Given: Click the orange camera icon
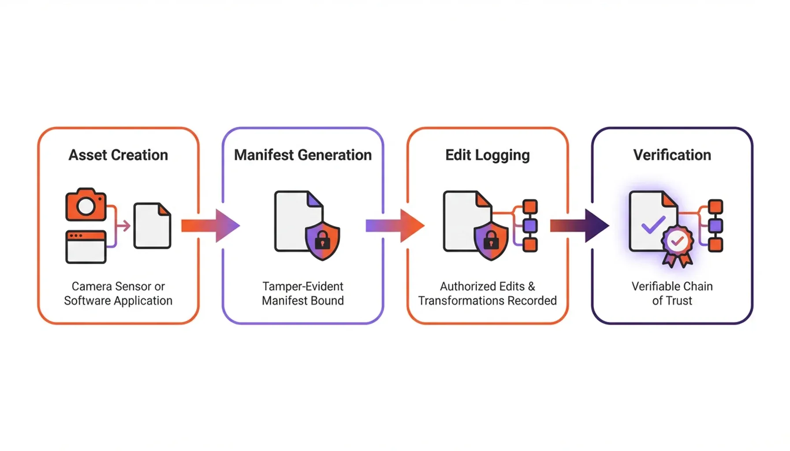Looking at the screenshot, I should pyautogui.click(x=86, y=205).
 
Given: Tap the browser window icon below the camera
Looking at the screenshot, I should pyautogui.click(x=86, y=247).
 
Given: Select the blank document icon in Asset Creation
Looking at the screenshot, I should pyautogui.click(x=152, y=225).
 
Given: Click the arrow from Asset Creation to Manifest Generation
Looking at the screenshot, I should pyautogui.click(x=210, y=225).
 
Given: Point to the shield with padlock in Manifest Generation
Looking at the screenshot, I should pyautogui.click(x=322, y=240).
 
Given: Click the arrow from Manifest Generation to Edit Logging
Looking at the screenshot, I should pyautogui.click(x=395, y=225).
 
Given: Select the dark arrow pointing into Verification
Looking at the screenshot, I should pyautogui.click(x=579, y=225).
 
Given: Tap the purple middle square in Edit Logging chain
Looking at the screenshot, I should pyautogui.click(x=530, y=225).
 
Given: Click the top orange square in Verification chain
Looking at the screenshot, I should pyautogui.click(x=715, y=207).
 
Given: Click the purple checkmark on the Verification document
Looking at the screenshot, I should pyautogui.click(x=653, y=224).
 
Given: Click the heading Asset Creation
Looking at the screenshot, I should pyautogui.click(x=118, y=155).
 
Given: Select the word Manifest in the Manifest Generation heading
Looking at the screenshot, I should pyautogui.click(x=263, y=155).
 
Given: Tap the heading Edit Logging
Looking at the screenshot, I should pyautogui.click(x=487, y=155).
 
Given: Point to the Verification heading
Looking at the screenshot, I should pyautogui.click(x=672, y=155).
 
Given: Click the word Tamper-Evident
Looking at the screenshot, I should pyautogui.click(x=302, y=286).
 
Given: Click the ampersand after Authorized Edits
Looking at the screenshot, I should pyautogui.click(x=531, y=286).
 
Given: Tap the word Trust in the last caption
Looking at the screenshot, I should pyautogui.click(x=678, y=300).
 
